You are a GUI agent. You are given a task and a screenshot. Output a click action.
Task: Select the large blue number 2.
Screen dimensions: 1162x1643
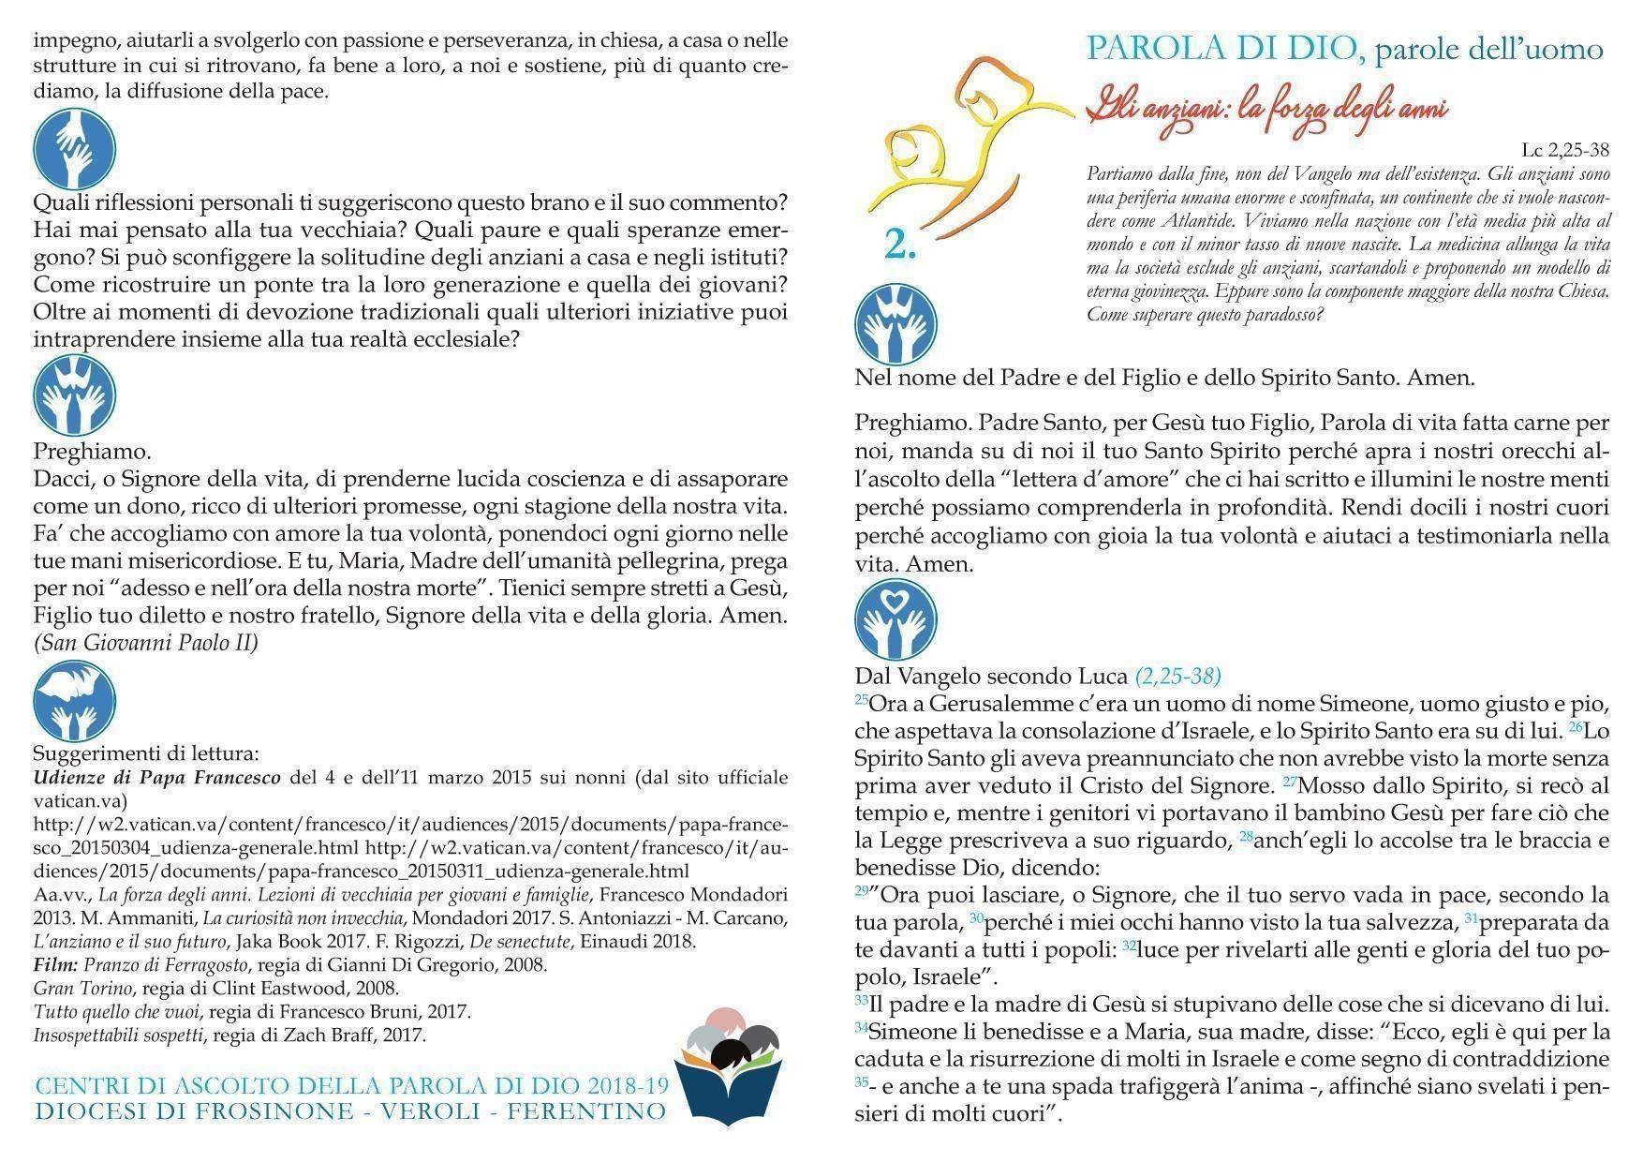pyautogui.click(x=900, y=244)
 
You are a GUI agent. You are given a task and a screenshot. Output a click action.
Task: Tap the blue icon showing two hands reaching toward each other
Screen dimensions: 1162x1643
pyautogui.click(x=74, y=148)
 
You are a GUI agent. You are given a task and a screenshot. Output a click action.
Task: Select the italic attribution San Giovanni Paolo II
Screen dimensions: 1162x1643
pyautogui.click(x=145, y=643)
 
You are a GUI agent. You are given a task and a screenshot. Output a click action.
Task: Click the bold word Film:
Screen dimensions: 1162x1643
pyautogui.click(x=55, y=964)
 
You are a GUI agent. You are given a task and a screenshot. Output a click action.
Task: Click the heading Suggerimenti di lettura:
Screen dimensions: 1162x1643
pyautogui.click(x=145, y=752)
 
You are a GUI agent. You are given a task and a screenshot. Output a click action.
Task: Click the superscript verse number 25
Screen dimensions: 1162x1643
pyautogui.click(x=861, y=698)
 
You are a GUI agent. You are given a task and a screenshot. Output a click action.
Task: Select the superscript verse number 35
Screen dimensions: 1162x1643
pyautogui.click(x=861, y=1081)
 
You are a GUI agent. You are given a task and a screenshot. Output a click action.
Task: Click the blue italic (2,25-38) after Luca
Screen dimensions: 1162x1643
pyautogui.click(x=1177, y=676)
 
